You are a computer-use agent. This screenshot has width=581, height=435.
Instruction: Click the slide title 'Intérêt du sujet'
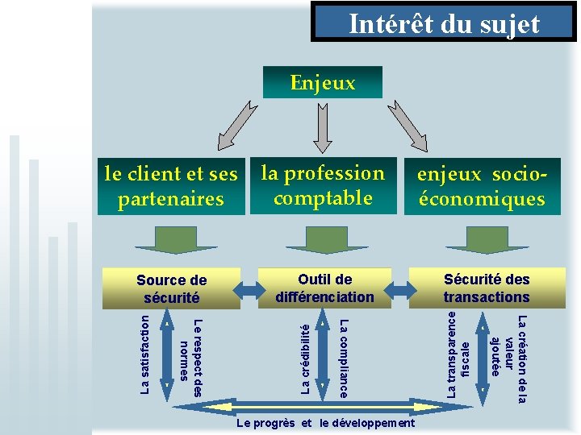(444, 24)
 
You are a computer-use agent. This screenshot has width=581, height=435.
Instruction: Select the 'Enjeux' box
(322, 82)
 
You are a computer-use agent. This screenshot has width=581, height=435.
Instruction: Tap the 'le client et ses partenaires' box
(170, 186)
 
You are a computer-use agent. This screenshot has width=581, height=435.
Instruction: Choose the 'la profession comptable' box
(323, 185)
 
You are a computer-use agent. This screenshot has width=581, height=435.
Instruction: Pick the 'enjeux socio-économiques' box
(481, 187)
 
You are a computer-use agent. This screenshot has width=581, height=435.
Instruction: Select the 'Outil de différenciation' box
(324, 288)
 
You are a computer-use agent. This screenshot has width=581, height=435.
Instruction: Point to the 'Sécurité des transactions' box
(486, 288)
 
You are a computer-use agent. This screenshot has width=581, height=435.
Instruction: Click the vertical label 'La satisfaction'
(145, 354)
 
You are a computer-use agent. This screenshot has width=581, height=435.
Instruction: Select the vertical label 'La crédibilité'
(304, 358)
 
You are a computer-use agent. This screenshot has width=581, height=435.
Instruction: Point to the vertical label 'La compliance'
(343, 358)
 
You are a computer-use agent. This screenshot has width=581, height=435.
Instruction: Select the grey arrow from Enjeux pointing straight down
(322, 125)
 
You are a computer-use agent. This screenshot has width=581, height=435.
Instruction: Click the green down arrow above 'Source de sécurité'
(175, 240)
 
